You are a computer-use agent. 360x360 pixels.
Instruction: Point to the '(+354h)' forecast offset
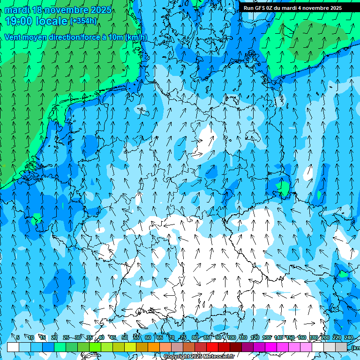click(x=83, y=21)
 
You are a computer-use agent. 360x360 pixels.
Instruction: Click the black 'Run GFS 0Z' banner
click(x=292, y=7)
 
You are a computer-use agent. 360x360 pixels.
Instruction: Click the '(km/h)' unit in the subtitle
click(x=136, y=37)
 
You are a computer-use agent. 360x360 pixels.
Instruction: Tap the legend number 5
click(x=18, y=337)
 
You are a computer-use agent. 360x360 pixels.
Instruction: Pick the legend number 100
click(x=231, y=337)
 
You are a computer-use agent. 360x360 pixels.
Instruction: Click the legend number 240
click(x=348, y=337)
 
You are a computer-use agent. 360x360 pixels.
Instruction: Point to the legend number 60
click(x=148, y=337)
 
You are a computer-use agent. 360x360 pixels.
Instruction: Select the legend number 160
click(x=301, y=337)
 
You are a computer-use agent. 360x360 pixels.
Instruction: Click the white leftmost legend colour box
click(x=13, y=347)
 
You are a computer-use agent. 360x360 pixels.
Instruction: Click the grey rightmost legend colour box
click(x=341, y=347)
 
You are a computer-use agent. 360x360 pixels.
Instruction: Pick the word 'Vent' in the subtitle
click(x=13, y=37)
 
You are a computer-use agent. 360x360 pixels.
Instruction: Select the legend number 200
click(x=325, y=337)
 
